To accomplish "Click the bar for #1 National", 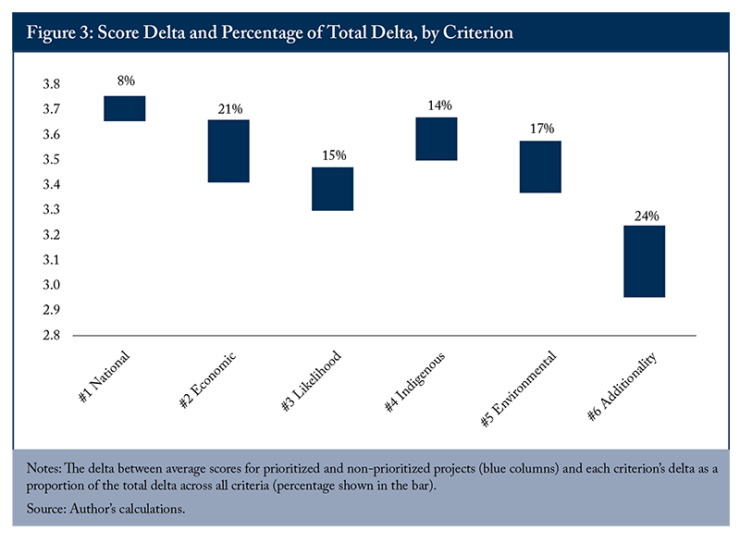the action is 125,108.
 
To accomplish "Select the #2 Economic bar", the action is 228,151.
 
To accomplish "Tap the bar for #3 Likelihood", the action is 333,189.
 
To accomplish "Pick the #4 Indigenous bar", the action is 437,139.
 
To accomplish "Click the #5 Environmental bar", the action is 540,167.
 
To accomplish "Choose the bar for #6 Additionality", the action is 644,262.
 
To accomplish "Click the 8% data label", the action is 126,80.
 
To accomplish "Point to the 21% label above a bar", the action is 230,109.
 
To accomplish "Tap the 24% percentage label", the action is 647,216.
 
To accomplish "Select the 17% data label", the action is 542,129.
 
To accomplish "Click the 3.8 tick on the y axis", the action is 52,84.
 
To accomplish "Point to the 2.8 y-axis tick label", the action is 52,335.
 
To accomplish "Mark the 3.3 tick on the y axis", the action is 52,209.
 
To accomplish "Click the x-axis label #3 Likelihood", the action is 311,380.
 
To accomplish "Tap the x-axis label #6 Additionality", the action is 622,386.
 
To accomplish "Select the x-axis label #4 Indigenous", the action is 414,382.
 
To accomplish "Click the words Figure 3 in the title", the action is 58,32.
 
